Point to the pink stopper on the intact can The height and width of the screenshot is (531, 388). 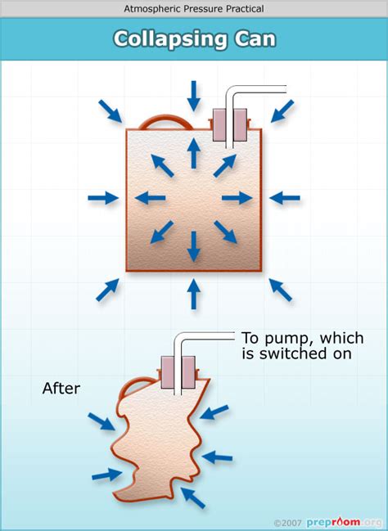click(x=230, y=125)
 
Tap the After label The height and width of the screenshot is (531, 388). click(x=61, y=389)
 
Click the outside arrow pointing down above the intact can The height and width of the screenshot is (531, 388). click(x=193, y=95)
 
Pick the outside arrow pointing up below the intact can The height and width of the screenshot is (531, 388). click(x=193, y=294)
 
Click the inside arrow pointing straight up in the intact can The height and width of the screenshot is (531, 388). click(x=193, y=153)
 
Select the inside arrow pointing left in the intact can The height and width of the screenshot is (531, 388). click(x=151, y=198)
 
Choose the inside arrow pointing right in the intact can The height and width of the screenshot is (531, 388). click(x=236, y=198)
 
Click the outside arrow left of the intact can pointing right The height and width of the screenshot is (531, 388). click(x=103, y=198)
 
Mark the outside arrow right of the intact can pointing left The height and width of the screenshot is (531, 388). click(x=284, y=198)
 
